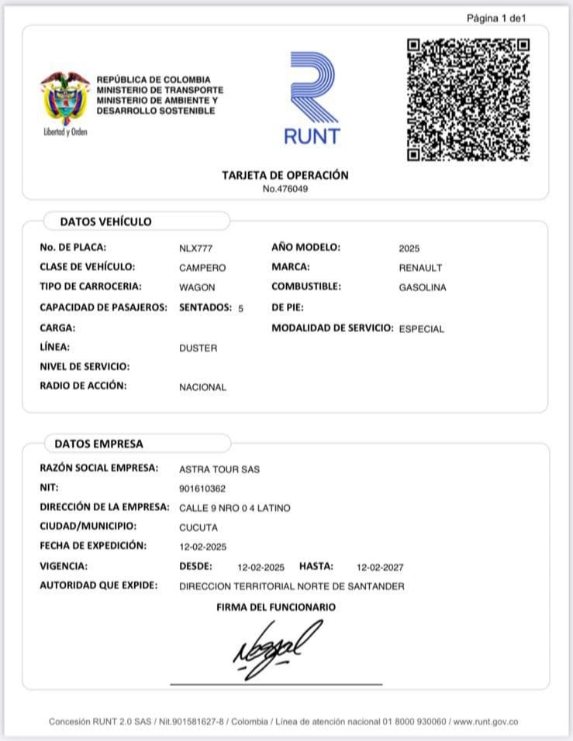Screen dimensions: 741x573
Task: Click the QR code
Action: [468, 99]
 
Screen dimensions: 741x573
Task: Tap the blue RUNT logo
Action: [312, 98]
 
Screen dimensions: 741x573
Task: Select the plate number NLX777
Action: [195, 249]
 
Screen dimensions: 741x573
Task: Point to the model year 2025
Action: [409, 249]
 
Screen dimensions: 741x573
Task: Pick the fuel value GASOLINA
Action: [422, 287]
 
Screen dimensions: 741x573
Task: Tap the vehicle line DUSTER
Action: [198, 348]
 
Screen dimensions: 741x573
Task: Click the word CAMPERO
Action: [202, 268]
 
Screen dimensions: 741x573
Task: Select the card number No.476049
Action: [285, 188]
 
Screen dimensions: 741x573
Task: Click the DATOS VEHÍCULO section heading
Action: [105, 221]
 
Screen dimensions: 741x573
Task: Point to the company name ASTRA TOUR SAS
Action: [219, 469]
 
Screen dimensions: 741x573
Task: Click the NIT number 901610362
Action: [202, 489]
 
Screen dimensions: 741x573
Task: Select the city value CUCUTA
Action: [198, 527]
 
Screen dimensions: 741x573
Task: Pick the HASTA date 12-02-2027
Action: [380, 568]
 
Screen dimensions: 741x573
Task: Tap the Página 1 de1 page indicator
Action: [496, 17]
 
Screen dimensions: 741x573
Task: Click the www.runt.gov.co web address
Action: [485, 722]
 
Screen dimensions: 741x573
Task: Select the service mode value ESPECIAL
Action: [421, 329]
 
